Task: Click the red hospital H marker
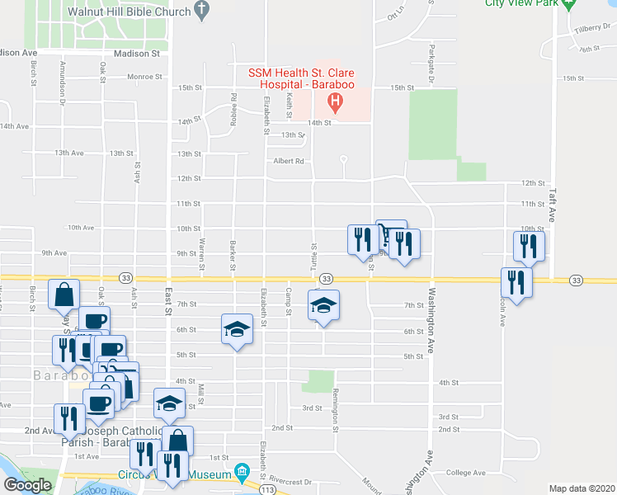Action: (335, 103)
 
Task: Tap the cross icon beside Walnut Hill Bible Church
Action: (200, 10)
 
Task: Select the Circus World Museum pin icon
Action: (242, 473)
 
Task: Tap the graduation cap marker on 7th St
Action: (323, 305)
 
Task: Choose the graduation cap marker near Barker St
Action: (236, 329)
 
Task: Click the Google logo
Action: (28, 485)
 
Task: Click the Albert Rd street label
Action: (289, 162)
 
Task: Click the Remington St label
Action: (336, 411)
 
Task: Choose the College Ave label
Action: (466, 473)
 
